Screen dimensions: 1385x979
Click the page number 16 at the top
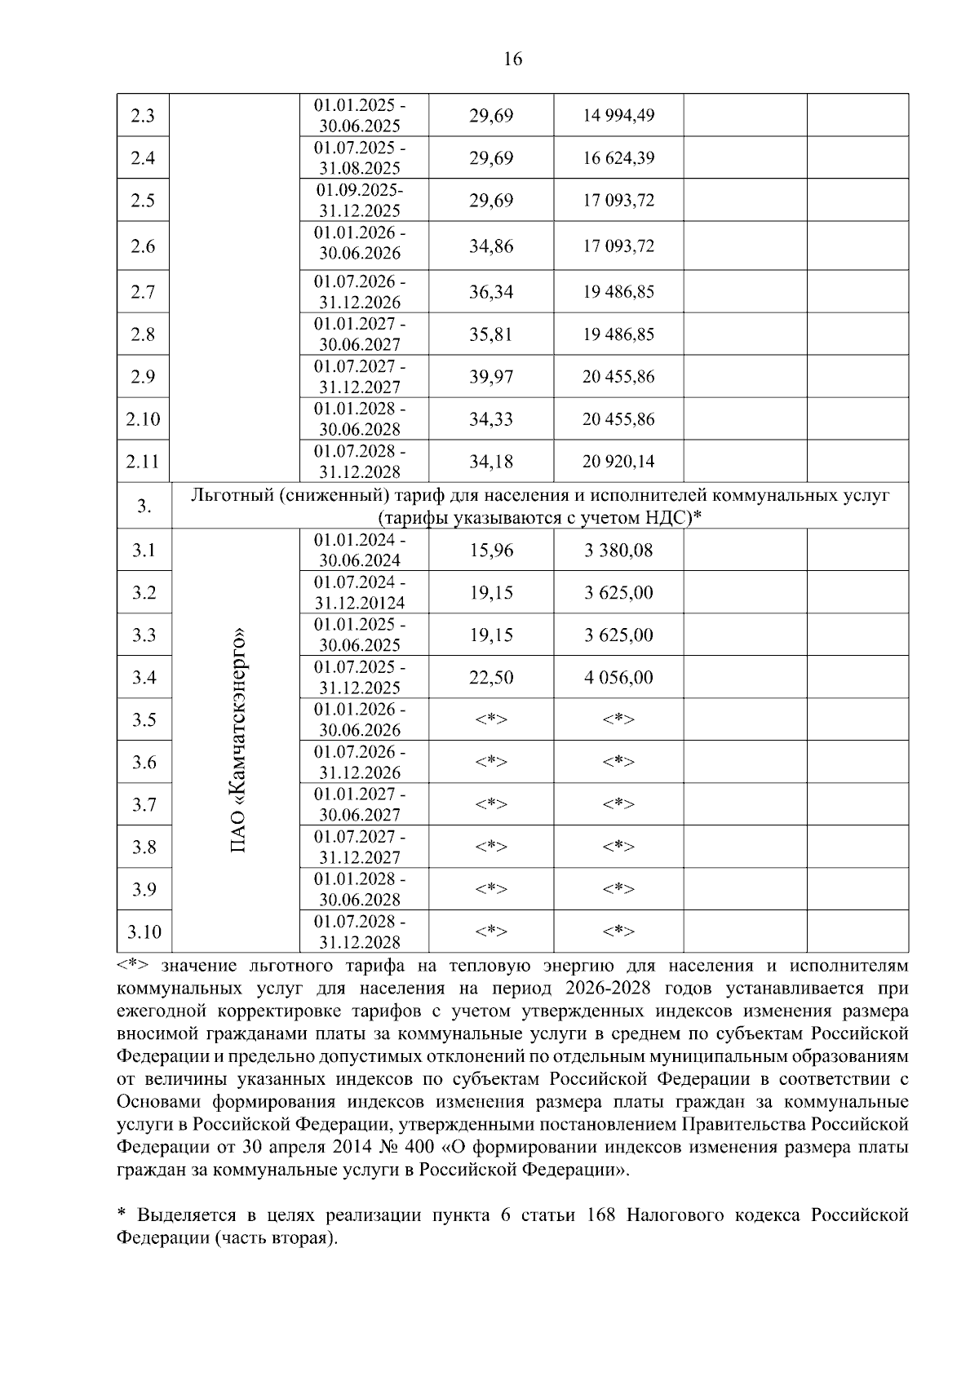(513, 59)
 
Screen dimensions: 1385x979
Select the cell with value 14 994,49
(618, 115)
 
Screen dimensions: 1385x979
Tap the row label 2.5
(143, 201)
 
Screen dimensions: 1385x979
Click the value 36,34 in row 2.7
(491, 292)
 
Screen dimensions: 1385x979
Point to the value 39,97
(491, 377)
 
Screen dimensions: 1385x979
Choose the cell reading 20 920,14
(618, 462)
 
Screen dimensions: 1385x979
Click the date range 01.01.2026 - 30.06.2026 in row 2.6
(360, 243)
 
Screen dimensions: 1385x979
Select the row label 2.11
(143, 462)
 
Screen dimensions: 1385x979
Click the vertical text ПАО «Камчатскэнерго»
(237, 741)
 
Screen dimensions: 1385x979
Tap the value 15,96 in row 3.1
(491, 551)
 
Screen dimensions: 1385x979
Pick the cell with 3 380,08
(618, 551)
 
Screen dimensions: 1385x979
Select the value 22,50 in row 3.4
(491, 678)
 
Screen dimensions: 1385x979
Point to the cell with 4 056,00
(618, 678)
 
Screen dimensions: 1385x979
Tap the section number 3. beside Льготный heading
(144, 507)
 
